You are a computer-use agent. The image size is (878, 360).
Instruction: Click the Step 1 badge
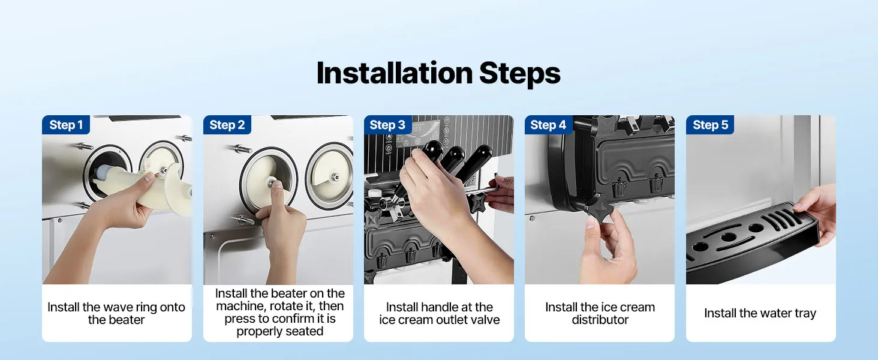pos(66,125)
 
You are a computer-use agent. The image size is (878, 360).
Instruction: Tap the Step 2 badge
pos(227,125)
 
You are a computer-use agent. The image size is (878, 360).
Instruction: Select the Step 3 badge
pos(387,125)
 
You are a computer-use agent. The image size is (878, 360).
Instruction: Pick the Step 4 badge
pos(548,125)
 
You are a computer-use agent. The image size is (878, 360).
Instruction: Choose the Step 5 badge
pos(710,125)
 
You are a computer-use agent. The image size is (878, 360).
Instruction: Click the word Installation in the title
pos(395,73)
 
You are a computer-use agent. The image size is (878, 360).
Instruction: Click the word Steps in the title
pos(520,74)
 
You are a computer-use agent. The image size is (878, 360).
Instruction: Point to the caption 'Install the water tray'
pos(760,313)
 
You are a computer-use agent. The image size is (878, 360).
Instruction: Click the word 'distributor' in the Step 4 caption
pos(600,320)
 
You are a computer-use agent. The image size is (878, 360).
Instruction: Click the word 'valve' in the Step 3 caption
pos(484,320)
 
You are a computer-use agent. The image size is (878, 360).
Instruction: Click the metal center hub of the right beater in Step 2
pos(335,178)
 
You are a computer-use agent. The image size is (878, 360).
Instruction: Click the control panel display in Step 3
pos(418,133)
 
